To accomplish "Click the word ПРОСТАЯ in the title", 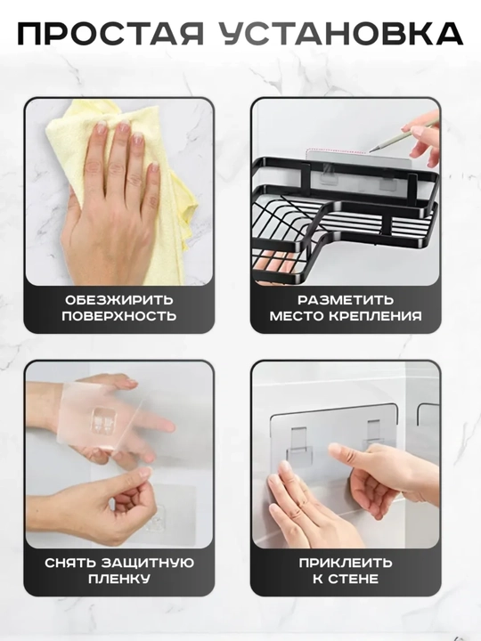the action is click(x=110, y=34).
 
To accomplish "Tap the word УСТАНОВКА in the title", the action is click(x=343, y=34).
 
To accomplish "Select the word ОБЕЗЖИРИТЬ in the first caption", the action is click(x=119, y=300).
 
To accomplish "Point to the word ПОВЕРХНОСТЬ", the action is click(x=119, y=315).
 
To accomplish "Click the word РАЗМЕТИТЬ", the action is click(x=346, y=300).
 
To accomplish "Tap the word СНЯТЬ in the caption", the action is click(x=70, y=563).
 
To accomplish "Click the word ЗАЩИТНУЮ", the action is click(x=148, y=563).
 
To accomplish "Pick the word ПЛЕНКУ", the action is click(x=119, y=579).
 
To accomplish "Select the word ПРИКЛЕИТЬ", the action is click(x=346, y=563).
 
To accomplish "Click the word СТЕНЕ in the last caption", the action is click(x=355, y=579).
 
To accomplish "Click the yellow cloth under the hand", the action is click(x=123, y=192).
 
